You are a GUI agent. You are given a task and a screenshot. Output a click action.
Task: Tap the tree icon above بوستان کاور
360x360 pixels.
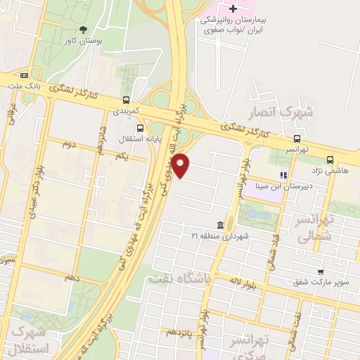click(84, 30)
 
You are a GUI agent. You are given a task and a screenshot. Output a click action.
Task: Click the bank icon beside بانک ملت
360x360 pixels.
click(25, 75)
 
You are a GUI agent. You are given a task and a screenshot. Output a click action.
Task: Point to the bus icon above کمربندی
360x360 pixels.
click(126, 100)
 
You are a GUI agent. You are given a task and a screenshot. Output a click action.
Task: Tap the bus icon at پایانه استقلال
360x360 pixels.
click(141, 129)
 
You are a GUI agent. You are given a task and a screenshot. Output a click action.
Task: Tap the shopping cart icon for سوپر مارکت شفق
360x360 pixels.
click(321, 271)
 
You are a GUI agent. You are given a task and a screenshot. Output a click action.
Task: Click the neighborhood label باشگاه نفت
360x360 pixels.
click(179, 279)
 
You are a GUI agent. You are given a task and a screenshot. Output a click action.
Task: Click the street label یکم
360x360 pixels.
click(124, 155)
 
